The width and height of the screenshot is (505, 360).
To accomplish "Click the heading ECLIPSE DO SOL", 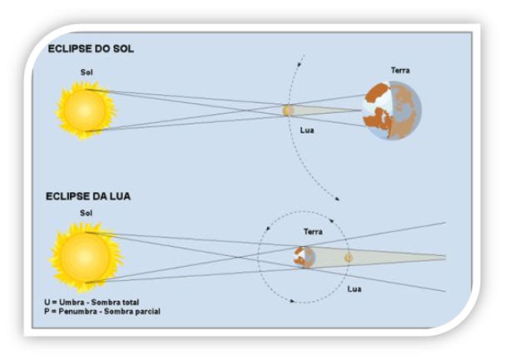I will click(92, 48).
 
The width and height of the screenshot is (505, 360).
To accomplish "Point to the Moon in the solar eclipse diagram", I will click(288, 110).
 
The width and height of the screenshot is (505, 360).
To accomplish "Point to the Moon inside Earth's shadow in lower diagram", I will click(349, 258).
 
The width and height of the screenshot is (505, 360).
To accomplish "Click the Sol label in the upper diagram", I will click(87, 72).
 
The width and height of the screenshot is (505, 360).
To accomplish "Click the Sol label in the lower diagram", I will click(87, 214).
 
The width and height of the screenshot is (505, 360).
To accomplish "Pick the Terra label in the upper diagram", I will click(400, 71).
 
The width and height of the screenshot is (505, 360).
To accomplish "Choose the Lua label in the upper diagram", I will click(307, 130).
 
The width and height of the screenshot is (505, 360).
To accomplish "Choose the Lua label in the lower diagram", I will click(354, 288).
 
